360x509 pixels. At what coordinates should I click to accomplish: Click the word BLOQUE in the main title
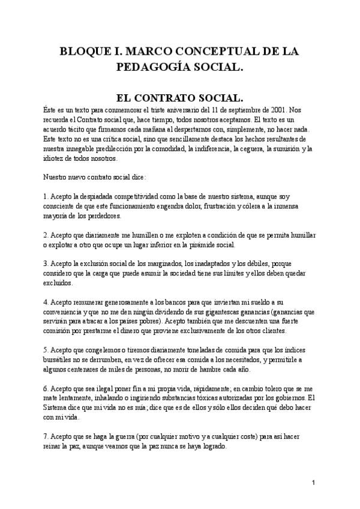click(x=85, y=52)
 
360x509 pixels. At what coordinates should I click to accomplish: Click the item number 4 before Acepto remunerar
click(x=46, y=302)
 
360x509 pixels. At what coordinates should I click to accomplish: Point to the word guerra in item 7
click(x=122, y=438)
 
